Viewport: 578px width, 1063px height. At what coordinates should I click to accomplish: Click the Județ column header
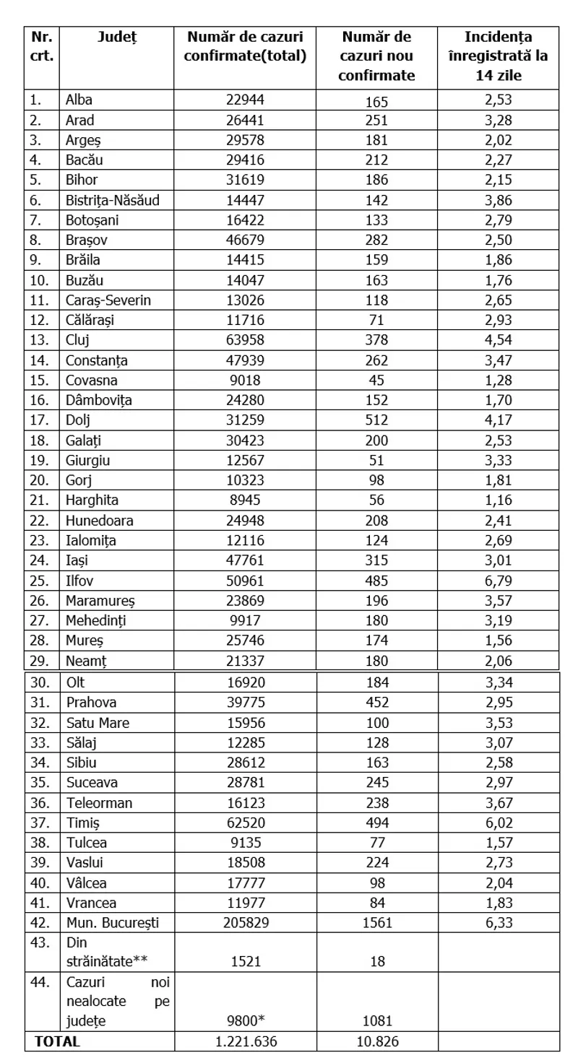(116, 36)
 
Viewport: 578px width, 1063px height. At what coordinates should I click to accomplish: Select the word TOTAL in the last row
(55, 1041)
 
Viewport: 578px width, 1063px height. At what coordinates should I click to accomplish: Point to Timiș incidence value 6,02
(499, 843)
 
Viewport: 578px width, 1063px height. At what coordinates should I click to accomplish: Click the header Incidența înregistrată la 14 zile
(499, 56)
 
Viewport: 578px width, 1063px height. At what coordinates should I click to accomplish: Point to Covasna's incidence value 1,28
(499, 380)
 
